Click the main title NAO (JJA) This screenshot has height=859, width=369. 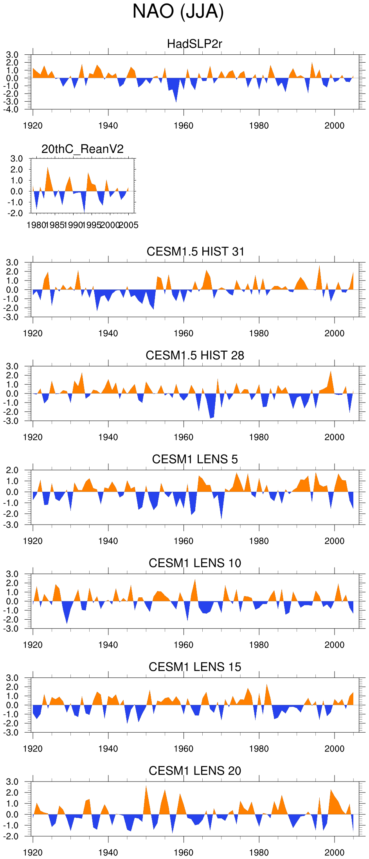pos(178,12)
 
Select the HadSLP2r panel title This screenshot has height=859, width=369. pos(194,44)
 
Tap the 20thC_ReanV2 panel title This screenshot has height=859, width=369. pos(83,149)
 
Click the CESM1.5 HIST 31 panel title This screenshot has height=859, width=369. pos(195,252)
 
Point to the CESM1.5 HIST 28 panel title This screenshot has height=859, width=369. pos(195,355)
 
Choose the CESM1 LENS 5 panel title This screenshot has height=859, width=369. pos(195,459)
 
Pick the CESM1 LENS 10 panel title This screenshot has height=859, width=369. pos(195,563)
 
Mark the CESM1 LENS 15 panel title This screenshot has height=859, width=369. pos(195,667)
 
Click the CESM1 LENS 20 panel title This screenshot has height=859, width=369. pos(195,771)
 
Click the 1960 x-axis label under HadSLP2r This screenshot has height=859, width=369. pos(184,126)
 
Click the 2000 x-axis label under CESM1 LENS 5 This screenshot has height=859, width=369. pos(334,541)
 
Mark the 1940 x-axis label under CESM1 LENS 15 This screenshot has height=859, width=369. pos(108,749)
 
